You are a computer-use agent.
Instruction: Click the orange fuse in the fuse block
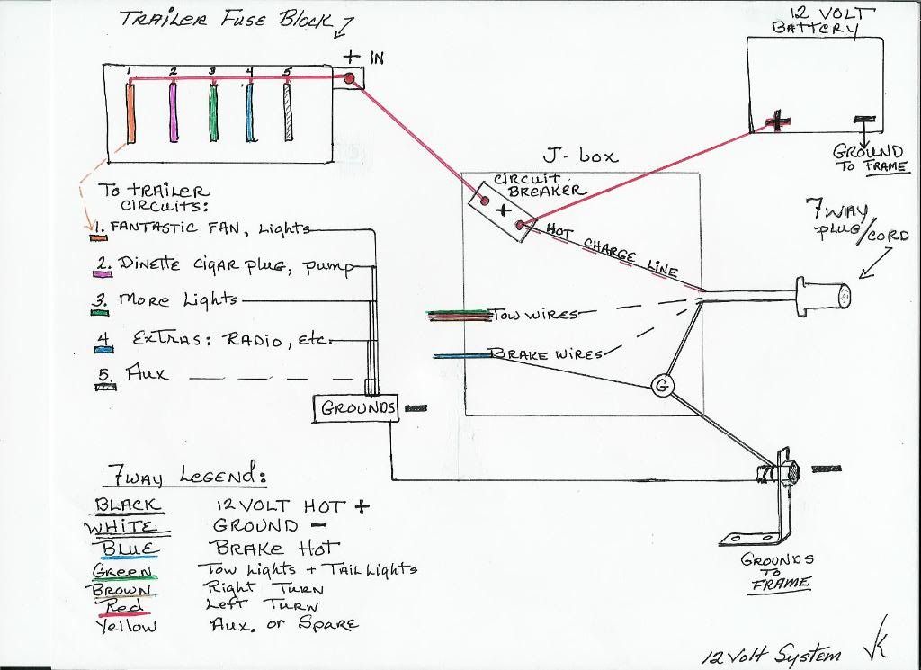point(130,111)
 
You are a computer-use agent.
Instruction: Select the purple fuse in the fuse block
point(171,111)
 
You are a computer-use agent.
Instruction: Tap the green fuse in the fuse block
point(213,111)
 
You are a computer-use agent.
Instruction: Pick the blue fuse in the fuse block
point(251,111)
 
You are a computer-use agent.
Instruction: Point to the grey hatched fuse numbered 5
point(289,111)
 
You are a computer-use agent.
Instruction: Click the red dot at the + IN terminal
point(350,79)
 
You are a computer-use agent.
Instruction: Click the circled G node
point(664,387)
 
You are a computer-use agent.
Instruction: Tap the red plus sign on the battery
point(779,121)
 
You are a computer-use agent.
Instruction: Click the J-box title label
point(581,156)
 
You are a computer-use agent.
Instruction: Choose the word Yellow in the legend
point(124,625)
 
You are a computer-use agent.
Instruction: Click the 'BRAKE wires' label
point(544,354)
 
